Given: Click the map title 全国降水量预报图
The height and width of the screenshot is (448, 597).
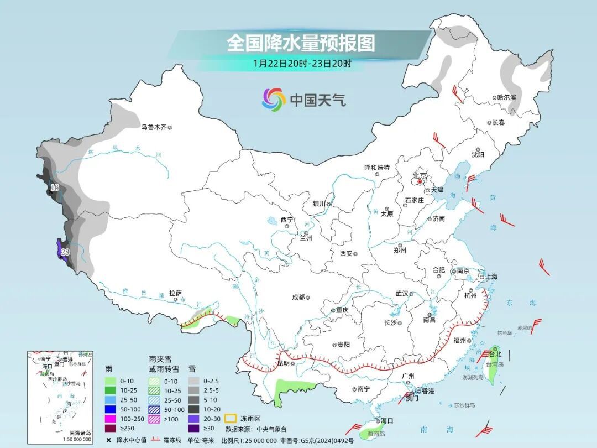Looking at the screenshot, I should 301,43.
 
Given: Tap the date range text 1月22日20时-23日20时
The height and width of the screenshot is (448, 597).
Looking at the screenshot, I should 302,63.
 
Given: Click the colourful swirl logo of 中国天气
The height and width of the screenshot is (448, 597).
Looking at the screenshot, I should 274,100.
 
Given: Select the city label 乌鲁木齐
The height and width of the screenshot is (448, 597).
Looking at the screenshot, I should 153,127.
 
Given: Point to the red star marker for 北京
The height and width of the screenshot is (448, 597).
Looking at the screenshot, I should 420,181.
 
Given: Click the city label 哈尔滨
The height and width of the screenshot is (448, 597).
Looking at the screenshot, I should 506,97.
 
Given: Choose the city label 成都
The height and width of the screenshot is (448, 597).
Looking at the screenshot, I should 298,297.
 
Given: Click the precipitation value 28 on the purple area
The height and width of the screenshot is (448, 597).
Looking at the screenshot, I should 65,252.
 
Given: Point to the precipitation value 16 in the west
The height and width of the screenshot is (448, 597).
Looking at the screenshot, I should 54,188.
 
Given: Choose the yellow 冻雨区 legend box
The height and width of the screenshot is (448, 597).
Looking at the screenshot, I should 230,419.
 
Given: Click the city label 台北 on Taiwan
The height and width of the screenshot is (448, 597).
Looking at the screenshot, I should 495,354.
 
